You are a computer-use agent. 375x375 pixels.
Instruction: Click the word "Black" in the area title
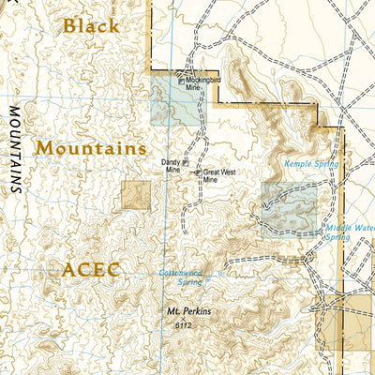tap(91, 26)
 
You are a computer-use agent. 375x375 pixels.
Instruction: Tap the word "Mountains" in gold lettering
tap(90, 148)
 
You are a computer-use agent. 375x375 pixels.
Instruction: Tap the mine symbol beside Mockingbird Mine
tap(181, 82)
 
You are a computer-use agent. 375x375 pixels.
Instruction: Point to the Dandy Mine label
tap(172, 168)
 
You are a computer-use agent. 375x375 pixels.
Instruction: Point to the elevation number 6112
tap(182, 324)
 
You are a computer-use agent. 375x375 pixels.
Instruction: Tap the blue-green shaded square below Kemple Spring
tap(288, 208)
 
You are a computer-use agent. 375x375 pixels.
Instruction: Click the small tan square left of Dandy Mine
tap(135, 195)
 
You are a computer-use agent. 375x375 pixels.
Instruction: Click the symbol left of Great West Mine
tap(197, 172)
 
